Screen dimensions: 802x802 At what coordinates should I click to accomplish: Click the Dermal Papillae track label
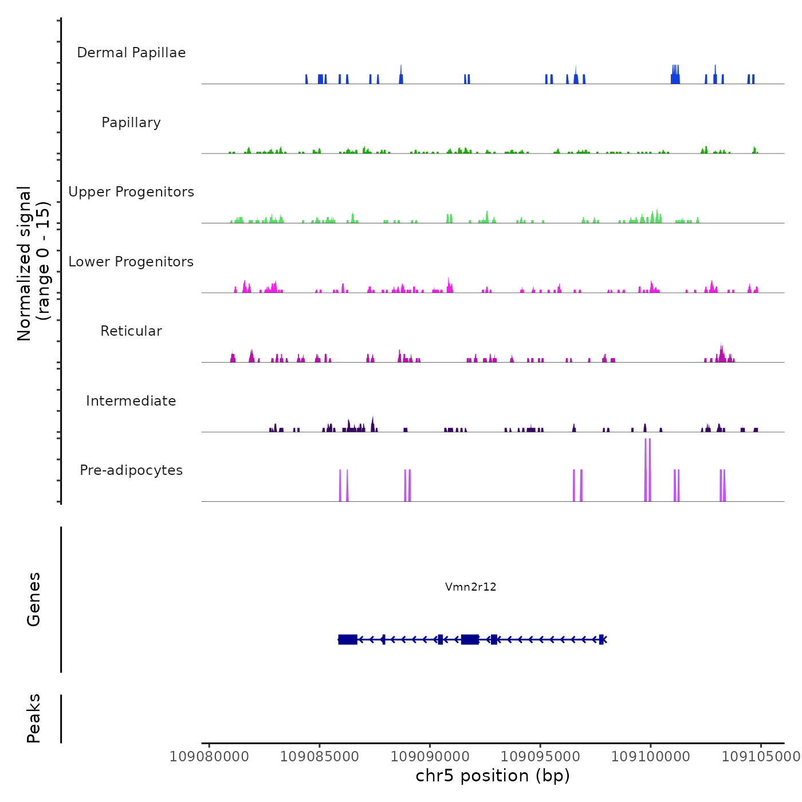click(x=131, y=53)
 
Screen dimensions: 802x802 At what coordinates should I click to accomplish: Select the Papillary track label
click(x=131, y=123)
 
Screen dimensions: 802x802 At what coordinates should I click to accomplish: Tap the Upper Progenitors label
click(x=131, y=192)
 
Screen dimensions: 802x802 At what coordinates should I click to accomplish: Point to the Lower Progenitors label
click(x=131, y=262)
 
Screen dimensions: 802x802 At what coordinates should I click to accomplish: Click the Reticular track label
click(x=131, y=331)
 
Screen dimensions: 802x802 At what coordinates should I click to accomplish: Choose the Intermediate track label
click(x=131, y=401)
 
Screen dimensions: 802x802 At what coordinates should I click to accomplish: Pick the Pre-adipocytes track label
click(x=131, y=470)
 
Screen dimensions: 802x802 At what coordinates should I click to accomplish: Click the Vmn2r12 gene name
click(x=471, y=587)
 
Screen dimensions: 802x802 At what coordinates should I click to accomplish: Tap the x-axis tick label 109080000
click(x=209, y=757)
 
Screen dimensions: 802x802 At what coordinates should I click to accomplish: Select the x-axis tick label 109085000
click(x=320, y=757)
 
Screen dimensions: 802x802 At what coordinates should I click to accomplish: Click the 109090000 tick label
click(x=430, y=757)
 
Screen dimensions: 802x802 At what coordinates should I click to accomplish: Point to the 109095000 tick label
click(x=540, y=757)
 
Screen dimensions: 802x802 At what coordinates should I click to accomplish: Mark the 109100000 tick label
click(x=651, y=757)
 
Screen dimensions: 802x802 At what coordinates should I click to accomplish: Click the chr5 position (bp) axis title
click(x=493, y=776)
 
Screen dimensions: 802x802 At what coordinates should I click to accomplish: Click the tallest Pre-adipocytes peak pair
click(x=647, y=470)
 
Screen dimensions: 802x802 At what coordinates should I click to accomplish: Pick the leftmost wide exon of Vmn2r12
click(x=348, y=639)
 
